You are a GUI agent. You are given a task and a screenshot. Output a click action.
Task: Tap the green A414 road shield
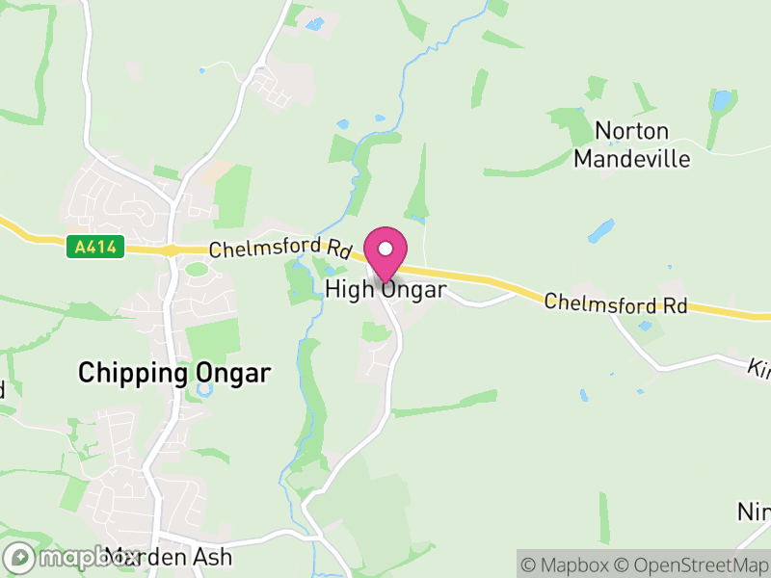click(96, 248)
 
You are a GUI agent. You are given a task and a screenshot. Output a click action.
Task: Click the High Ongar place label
click(385, 289)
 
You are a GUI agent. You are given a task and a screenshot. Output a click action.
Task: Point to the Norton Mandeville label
click(632, 144)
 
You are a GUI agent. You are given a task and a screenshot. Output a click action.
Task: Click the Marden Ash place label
click(170, 557)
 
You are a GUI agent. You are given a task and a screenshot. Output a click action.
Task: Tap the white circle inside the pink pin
click(385, 249)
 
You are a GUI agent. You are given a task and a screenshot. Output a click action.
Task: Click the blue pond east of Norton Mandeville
click(721, 99)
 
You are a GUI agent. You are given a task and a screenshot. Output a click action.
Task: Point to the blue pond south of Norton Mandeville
click(600, 231)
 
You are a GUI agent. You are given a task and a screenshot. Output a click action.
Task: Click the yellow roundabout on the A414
click(171, 250)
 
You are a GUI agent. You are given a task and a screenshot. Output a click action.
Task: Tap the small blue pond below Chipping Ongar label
click(204, 391)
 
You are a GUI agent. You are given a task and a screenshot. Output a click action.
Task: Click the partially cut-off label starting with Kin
click(759, 368)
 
